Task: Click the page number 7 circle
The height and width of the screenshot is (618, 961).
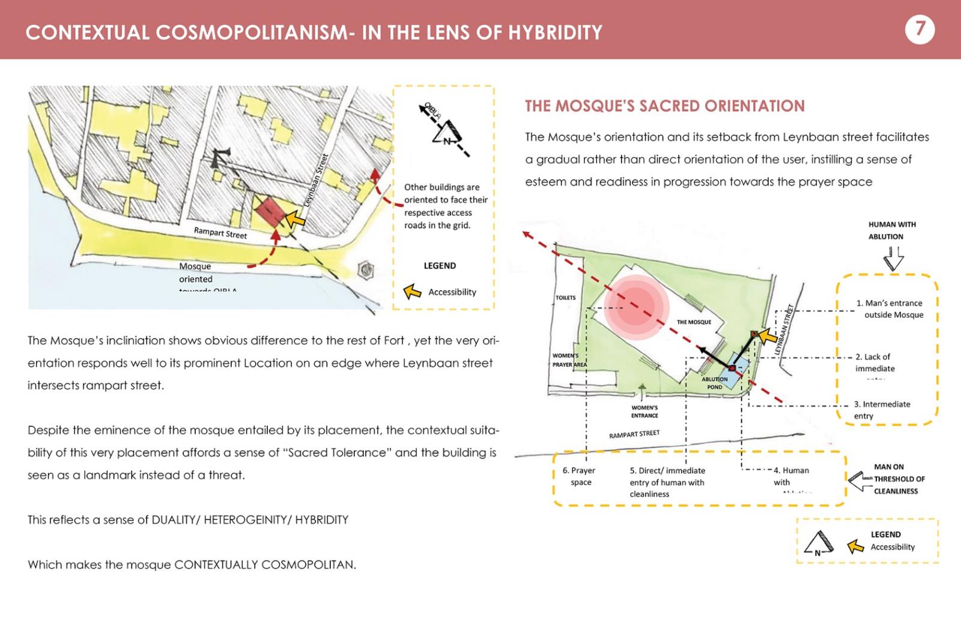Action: point(920,29)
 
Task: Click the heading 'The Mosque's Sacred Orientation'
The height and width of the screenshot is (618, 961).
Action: point(664,106)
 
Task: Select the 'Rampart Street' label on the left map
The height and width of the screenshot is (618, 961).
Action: point(220,233)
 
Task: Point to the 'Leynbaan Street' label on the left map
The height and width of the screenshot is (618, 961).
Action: point(317,180)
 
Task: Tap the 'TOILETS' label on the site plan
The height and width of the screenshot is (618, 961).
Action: point(565,298)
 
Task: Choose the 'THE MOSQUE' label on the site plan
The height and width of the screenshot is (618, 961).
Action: point(694,323)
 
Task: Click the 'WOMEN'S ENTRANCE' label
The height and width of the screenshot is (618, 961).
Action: point(644,411)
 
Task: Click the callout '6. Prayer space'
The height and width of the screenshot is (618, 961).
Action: point(580,476)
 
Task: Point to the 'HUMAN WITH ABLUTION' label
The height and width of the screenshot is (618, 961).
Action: point(891,230)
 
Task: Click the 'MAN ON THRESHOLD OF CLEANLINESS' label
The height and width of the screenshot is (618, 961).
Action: point(899,479)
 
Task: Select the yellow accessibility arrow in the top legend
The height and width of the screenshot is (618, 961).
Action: point(412,292)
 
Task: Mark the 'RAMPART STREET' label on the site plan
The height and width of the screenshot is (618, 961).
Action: point(634,434)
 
